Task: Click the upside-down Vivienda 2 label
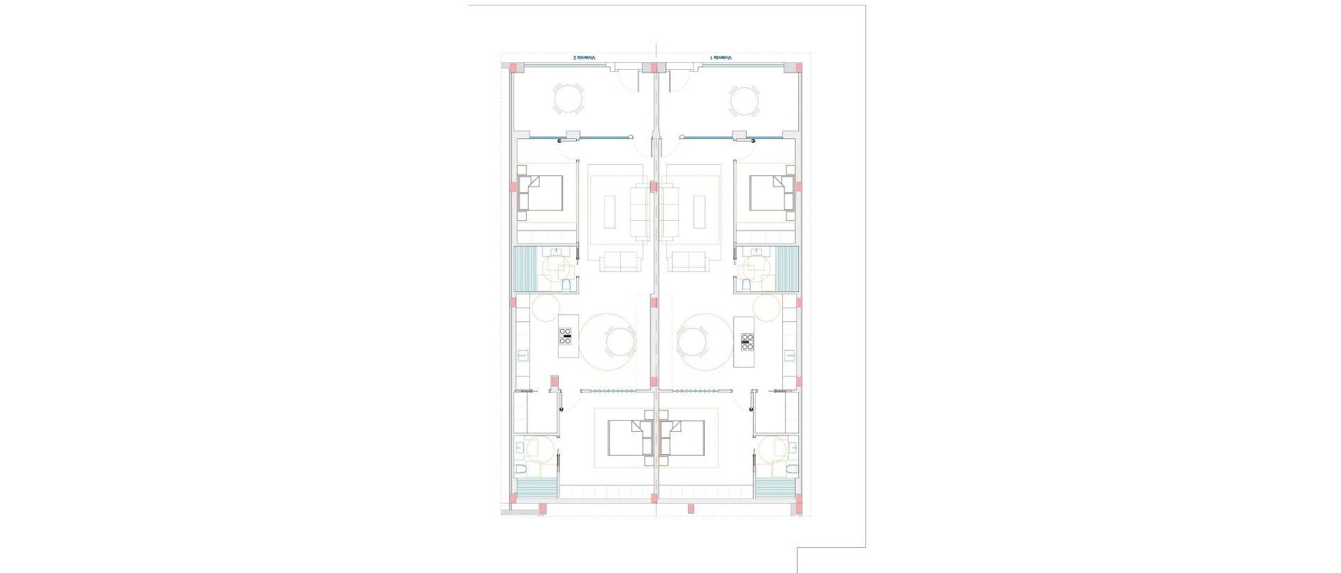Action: [584, 57]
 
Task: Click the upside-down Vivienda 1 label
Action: [721, 57]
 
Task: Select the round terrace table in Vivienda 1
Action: [744, 101]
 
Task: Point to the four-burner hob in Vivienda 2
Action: [566, 341]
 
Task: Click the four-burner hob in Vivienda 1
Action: [747, 342]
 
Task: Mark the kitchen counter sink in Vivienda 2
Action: [522, 356]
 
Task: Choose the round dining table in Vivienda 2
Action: [620, 342]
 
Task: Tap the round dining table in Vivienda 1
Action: [693, 342]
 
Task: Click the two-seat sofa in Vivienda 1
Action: [689, 261]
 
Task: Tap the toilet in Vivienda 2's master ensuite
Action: [521, 468]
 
